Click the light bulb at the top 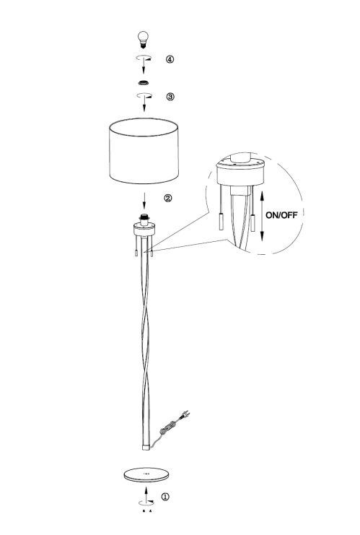(x=143, y=39)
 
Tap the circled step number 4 (x=170, y=59)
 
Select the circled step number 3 (x=170, y=97)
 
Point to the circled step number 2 (x=168, y=198)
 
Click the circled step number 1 (x=165, y=497)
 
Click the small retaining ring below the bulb (x=144, y=82)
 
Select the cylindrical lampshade (x=144, y=151)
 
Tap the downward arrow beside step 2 (x=144, y=201)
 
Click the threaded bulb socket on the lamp (x=144, y=219)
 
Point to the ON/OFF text (x=281, y=215)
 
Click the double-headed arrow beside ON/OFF (x=262, y=216)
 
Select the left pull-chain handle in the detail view (x=221, y=221)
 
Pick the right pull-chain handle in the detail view (x=253, y=223)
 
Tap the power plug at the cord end (x=185, y=415)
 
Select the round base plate (x=147, y=474)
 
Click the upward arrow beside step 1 (x=146, y=495)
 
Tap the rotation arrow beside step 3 (x=144, y=95)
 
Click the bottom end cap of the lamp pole (x=146, y=447)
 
